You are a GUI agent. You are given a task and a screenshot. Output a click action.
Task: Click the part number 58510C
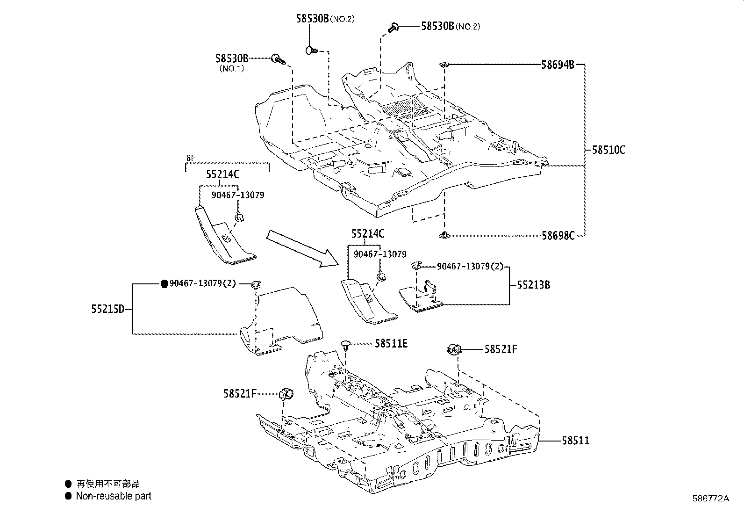tap(608, 150)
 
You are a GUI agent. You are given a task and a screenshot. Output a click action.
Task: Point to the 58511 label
tap(575, 440)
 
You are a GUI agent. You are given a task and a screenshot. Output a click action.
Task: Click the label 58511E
tap(391, 344)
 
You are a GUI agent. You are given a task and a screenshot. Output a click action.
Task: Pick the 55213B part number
tap(533, 284)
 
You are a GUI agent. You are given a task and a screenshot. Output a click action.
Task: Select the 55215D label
tap(107, 309)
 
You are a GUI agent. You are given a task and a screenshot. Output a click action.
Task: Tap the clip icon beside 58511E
tap(346, 346)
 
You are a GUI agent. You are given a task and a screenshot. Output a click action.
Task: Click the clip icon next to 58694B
tap(444, 65)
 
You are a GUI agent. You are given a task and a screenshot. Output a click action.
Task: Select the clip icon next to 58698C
tap(444, 235)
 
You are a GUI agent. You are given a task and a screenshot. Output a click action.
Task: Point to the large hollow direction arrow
tap(304, 248)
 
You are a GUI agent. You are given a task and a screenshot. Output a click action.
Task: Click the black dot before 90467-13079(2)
tap(164, 283)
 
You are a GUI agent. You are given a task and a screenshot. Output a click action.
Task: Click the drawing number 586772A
tap(710, 499)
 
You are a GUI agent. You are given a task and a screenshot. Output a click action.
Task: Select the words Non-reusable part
tap(114, 496)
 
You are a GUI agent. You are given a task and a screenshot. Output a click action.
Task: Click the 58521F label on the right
tap(501, 349)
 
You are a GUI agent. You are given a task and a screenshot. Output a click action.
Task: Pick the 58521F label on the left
tap(239, 394)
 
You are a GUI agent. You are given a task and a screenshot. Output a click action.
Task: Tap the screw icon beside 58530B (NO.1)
tap(278, 59)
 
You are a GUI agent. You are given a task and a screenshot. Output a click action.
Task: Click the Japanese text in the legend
tap(108, 484)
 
